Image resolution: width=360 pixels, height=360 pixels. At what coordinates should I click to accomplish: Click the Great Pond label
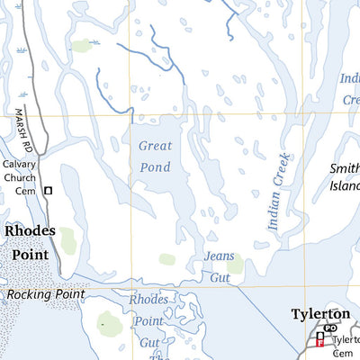(x=155, y=156)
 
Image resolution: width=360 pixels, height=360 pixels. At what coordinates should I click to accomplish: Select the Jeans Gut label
(x=219, y=267)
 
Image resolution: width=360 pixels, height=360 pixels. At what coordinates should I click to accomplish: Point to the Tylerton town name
(x=319, y=314)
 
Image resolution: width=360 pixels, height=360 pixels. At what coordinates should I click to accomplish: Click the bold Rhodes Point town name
(x=30, y=242)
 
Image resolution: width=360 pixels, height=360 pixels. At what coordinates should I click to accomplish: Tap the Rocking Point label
(x=44, y=294)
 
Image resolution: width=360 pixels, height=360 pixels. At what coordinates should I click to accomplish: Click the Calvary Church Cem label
(x=19, y=177)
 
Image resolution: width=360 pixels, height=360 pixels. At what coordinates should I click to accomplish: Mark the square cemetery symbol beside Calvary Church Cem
(x=49, y=190)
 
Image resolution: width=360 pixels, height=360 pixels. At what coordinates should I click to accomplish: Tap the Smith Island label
(x=345, y=177)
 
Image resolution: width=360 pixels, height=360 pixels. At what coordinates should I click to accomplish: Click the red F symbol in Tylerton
(x=319, y=343)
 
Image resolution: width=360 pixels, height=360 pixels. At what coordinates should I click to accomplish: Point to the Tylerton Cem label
(x=345, y=346)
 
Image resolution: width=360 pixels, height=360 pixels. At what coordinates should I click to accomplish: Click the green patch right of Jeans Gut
(x=235, y=264)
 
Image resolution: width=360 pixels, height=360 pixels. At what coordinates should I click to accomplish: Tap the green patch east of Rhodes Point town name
(x=67, y=240)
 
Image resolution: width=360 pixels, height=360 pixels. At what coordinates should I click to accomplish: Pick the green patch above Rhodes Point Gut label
(x=109, y=319)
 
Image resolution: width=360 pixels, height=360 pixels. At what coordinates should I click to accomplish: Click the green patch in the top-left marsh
(x=82, y=46)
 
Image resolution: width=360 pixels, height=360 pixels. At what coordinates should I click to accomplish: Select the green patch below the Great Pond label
(x=167, y=259)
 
